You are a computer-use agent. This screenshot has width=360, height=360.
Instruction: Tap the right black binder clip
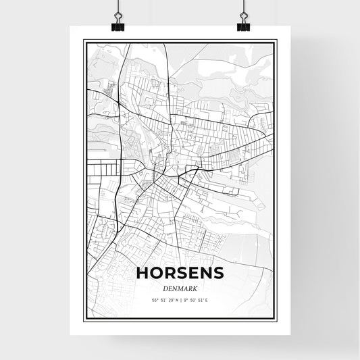pyautogui.click(x=243, y=24)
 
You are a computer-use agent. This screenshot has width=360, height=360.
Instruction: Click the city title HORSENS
pyautogui.click(x=180, y=273)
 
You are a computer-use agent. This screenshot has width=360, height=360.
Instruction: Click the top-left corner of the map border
pyautogui.click(x=84, y=41)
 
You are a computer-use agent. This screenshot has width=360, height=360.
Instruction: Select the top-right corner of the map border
pyautogui.click(x=276, y=41)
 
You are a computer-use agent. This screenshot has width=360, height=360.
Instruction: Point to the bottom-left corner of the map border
pyautogui.click(x=84, y=320)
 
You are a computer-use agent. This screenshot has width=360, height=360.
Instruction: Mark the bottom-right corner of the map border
pyautogui.click(x=276, y=320)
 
